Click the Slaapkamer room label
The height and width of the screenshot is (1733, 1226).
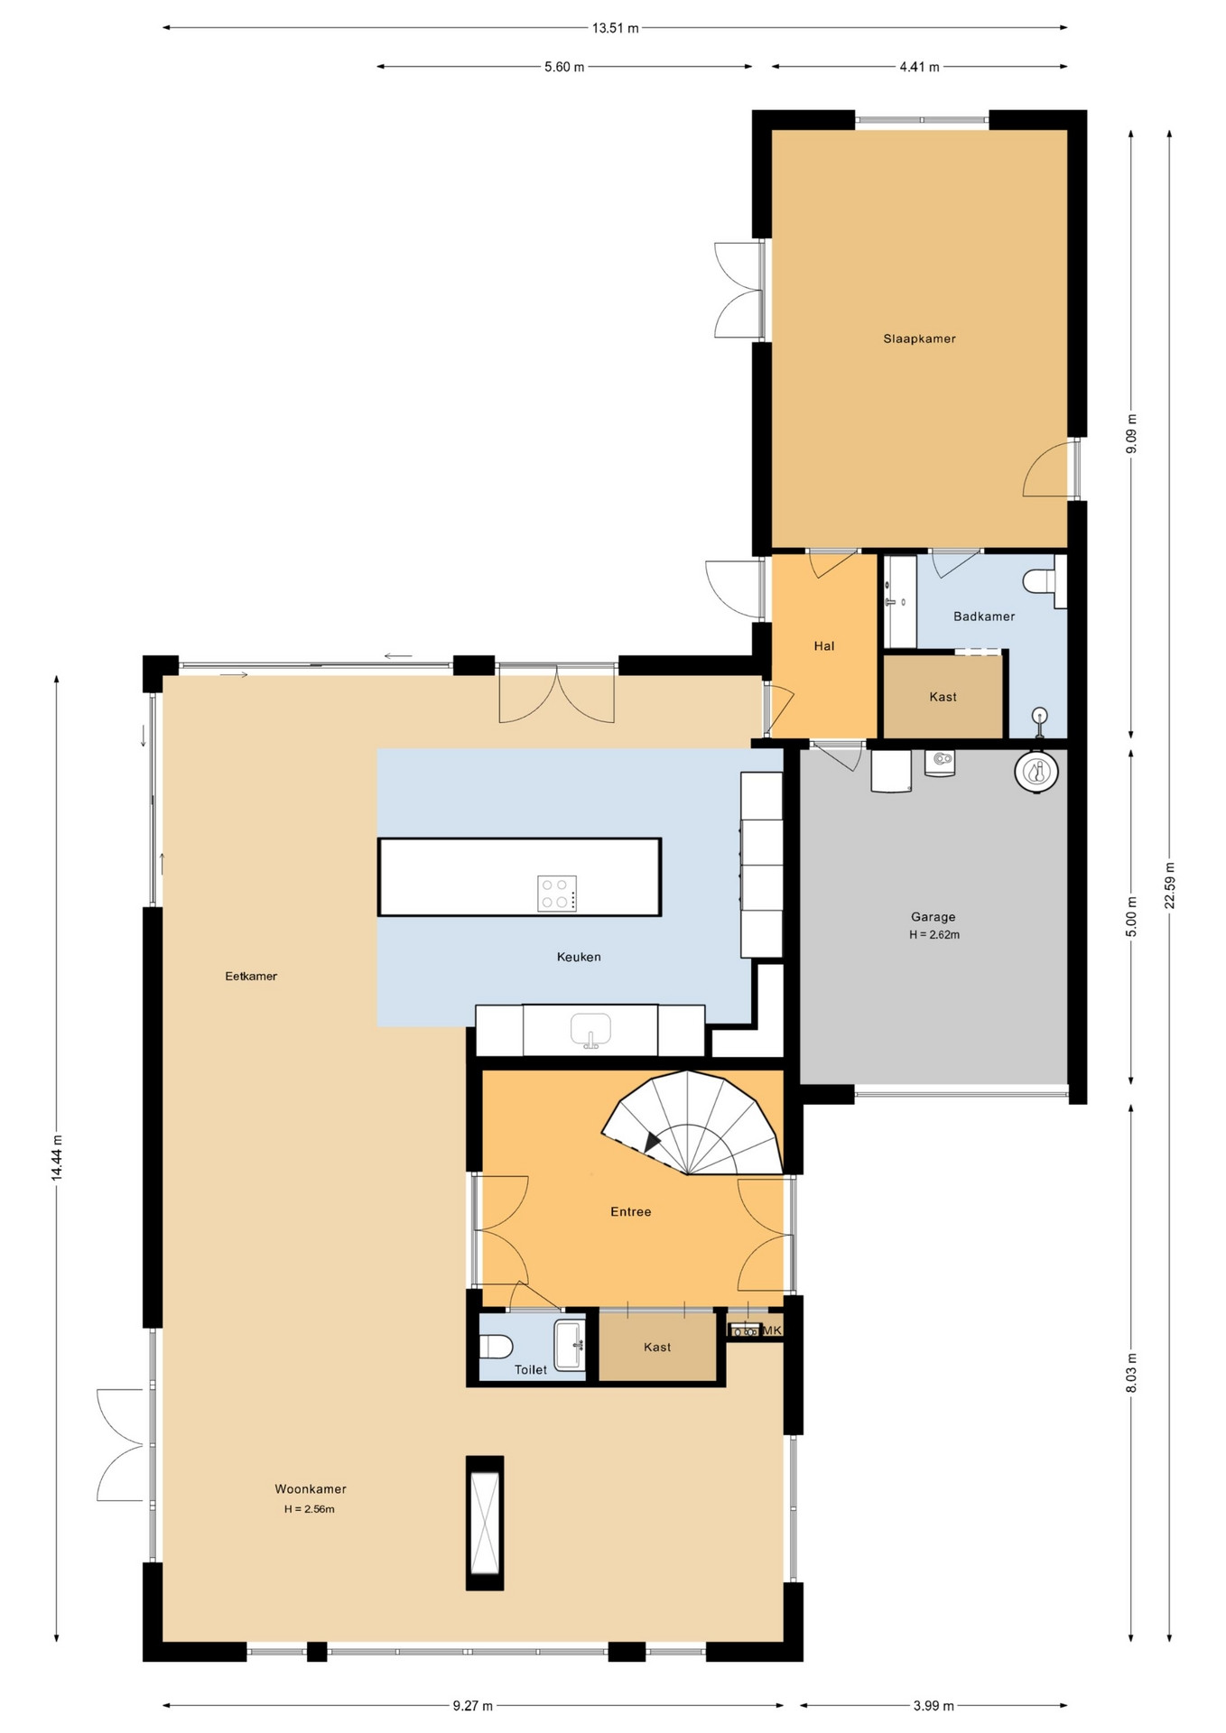[919, 338]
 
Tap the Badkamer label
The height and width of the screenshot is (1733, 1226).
[984, 616]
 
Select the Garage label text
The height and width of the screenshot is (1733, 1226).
[933, 917]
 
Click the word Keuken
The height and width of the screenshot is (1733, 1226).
[579, 957]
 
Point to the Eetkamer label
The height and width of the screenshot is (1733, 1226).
[251, 976]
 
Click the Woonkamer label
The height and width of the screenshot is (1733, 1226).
[311, 1489]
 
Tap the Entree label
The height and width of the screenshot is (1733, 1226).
[630, 1212]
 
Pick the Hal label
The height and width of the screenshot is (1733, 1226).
[824, 646]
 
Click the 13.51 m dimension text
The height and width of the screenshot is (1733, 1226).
[615, 28]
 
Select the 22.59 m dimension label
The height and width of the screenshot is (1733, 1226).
[1170, 886]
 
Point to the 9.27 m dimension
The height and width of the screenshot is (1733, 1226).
[473, 1706]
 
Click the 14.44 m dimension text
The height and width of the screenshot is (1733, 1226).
[57, 1158]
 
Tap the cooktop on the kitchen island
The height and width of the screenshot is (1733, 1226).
[557, 894]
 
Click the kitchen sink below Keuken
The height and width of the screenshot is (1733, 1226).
[590, 1030]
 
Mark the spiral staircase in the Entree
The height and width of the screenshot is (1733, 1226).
[692, 1123]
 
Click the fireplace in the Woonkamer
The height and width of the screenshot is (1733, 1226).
[485, 1523]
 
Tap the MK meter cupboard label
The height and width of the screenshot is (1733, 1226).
[772, 1330]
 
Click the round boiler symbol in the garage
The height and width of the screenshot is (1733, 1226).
[1036, 772]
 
